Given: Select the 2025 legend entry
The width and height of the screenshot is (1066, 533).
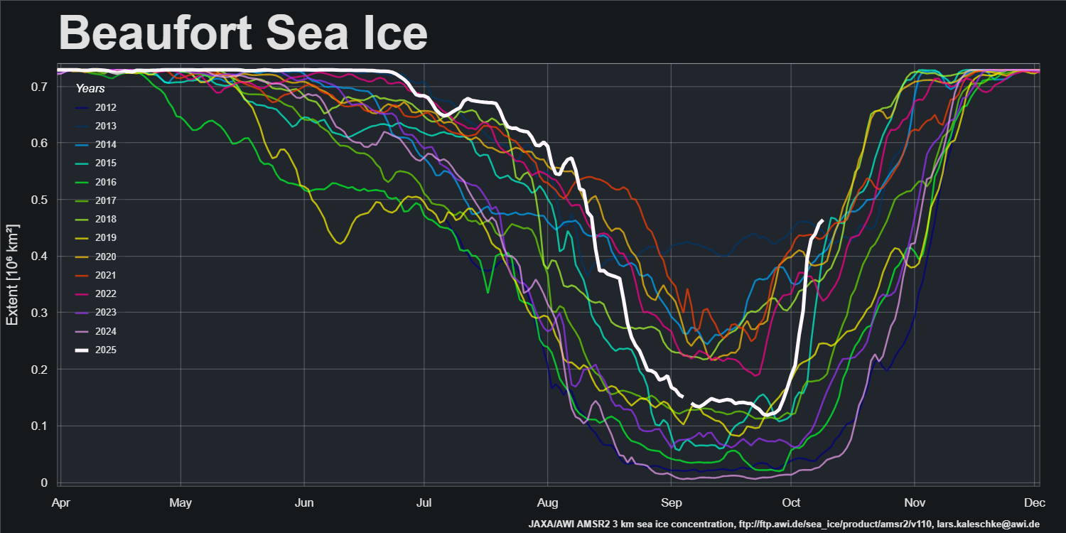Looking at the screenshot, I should coord(106,350).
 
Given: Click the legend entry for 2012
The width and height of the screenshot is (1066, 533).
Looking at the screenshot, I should coord(106,108).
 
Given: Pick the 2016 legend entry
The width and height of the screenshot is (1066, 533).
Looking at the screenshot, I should coord(106,182).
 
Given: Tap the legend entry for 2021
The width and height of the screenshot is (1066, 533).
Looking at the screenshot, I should coord(106,275).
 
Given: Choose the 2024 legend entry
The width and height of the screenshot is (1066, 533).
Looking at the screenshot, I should coord(106,331).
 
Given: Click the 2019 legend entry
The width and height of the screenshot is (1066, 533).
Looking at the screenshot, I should coord(106,238).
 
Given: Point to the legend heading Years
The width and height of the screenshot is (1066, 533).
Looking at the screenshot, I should coord(90,89).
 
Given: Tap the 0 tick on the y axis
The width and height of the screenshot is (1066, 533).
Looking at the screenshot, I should coord(44,483).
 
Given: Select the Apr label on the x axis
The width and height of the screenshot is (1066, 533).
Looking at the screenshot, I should coord(62,503).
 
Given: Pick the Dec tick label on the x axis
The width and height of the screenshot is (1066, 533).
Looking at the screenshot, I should coord(1035,503).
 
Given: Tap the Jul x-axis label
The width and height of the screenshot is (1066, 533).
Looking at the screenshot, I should coord(424,503).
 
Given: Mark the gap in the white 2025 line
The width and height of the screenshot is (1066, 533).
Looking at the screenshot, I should coord(687,400).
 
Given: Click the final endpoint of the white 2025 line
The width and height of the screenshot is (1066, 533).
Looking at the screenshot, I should coord(822,221).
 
